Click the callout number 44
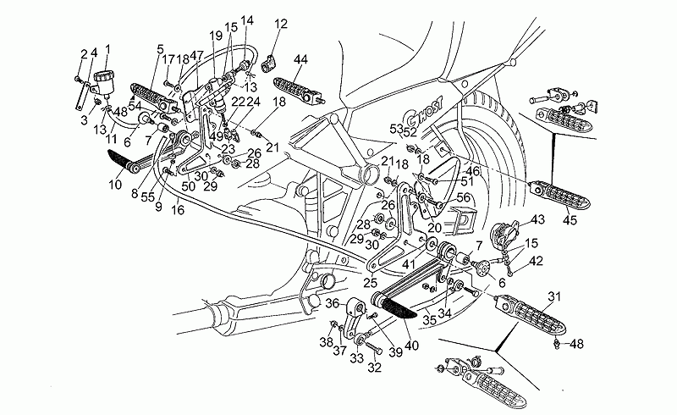point(300,59)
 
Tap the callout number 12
point(280,24)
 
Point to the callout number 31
point(554,296)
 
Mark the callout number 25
point(371,282)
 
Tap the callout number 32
point(375,368)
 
